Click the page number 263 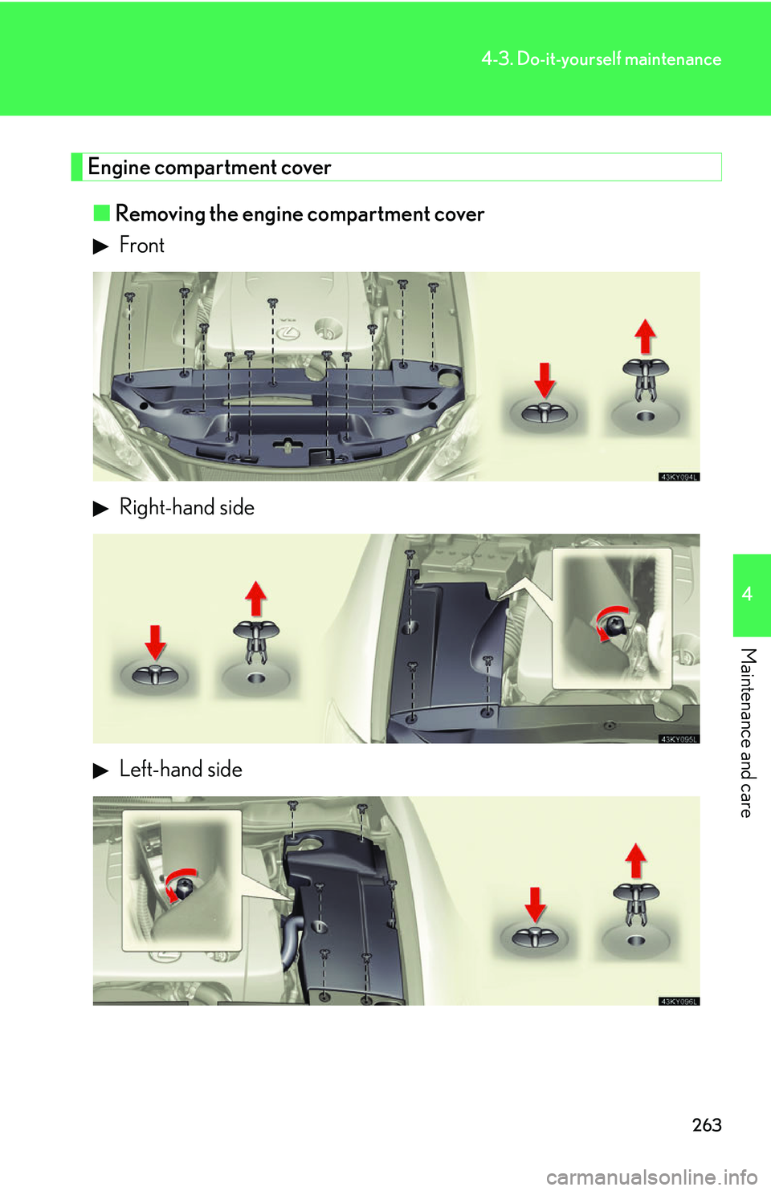tap(707, 1125)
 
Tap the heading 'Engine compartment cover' tap(210, 167)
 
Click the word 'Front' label tap(141, 245)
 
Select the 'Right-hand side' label tap(186, 507)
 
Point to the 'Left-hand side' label tap(181, 769)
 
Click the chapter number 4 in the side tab tap(747, 594)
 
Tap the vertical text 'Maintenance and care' tap(747, 732)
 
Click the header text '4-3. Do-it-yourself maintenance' tap(601, 59)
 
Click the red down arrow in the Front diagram tap(545, 379)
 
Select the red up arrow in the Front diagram tap(645, 335)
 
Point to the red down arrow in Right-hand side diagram tap(155, 642)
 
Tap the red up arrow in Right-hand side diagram tap(255, 598)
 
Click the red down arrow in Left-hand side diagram tap(535, 904)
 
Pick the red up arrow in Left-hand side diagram tap(635, 860)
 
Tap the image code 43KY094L tap(679, 477)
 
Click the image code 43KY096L tap(679, 1001)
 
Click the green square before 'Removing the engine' tap(101, 213)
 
